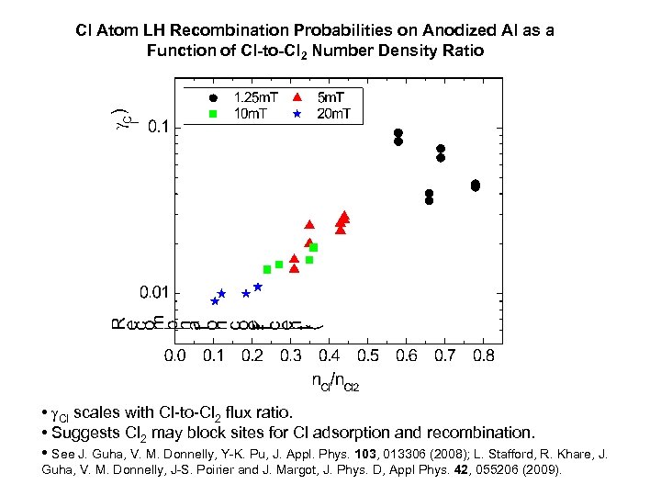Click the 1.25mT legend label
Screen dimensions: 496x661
click(x=256, y=96)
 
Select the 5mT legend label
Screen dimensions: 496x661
click(x=326, y=96)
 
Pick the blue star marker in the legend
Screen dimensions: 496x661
click(x=297, y=113)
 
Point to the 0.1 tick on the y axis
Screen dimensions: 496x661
click(x=158, y=128)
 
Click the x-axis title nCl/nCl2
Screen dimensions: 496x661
click(x=335, y=381)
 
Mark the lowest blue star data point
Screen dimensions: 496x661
click(x=215, y=301)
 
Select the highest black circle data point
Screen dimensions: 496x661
click(x=398, y=133)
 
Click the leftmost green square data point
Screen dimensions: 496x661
click(x=267, y=269)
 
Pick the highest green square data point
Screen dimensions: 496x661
click(x=314, y=247)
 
